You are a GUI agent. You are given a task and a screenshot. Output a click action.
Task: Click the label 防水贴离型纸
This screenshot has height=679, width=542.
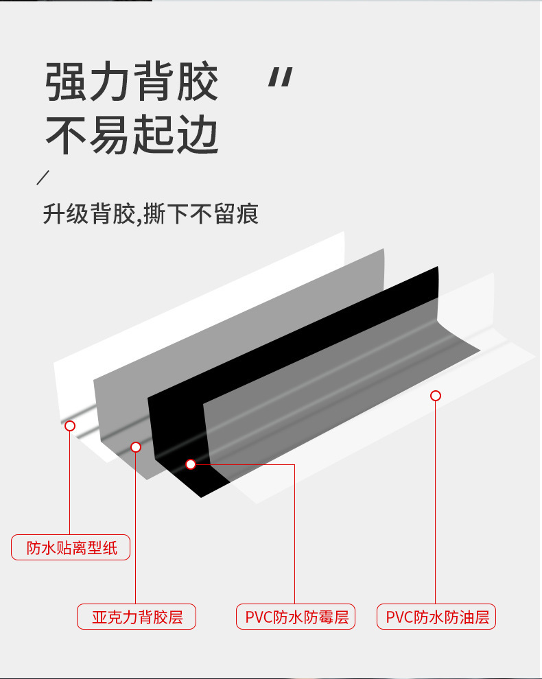pyautogui.click(x=71, y=547)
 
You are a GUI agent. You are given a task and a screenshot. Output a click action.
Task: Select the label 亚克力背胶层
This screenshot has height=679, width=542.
pyautogui.click(x=137, y=617)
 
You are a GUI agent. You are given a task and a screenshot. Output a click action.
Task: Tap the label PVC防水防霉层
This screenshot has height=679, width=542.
pyautogui.click(x=296, y=617)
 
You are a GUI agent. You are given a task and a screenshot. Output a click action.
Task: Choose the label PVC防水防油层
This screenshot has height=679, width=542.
pyautogui.click(x=436, y=617)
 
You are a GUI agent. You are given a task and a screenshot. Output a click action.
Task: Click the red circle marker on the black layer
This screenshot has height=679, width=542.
pyautogui.click(x=191, y=464)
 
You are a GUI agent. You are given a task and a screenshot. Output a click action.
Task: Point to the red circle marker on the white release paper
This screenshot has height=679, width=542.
pyautogui.click(x=69, y=426)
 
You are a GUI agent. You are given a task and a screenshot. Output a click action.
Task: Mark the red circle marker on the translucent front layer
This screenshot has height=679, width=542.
pyautogui.click(x=435, y=396)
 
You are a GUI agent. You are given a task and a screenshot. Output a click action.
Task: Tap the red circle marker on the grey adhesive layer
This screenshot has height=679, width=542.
pyautogui.click(x=136, y=447)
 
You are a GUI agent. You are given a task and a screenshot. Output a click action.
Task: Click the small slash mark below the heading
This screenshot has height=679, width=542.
pyautogui.click(x=43, y=177)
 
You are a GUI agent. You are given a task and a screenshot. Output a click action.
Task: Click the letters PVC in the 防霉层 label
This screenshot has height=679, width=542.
pyautogui.click(x=259, y=617)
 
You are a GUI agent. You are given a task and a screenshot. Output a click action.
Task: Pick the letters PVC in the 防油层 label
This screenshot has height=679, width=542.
pyautogui.click(x=399, y=617)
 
